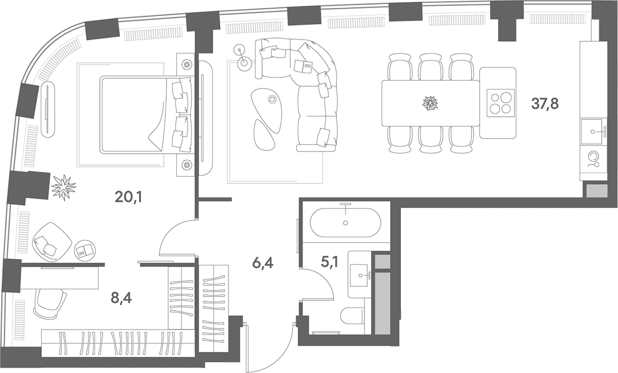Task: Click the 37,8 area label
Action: (x=545, y=104)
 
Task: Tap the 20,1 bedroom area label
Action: (x=128, y=197)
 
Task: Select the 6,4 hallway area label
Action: (x=263, y=262)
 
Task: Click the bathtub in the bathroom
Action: (x=346, y=223)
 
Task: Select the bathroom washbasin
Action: (x=359, y=274)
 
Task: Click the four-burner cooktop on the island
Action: (x=501, y=103)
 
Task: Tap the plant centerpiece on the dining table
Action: (x=430, y=103)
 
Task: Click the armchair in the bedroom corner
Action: (x=51, y=240)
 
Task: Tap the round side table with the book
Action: (x=86, y=250)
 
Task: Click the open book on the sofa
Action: (x=303, y=66)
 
